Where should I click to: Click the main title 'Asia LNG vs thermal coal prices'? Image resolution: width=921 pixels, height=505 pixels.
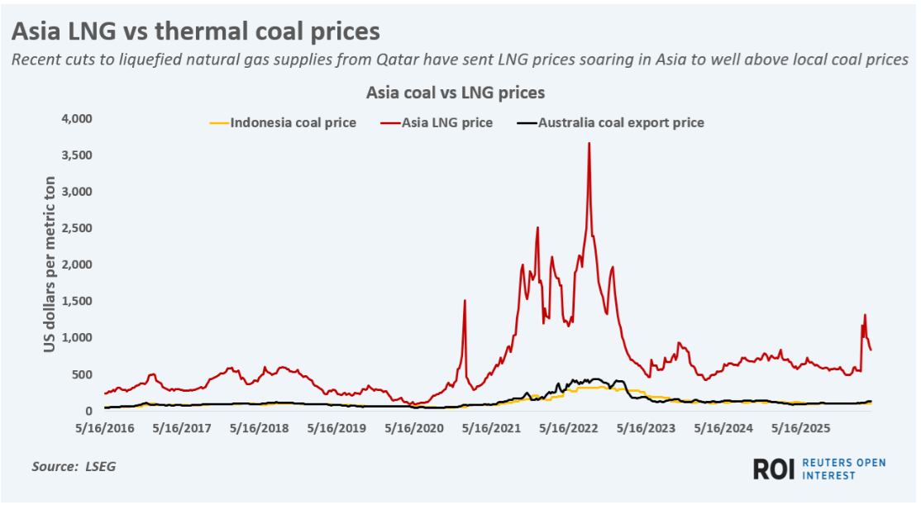[195, 31]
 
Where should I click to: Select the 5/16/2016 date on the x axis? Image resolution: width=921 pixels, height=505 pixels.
[105, 429]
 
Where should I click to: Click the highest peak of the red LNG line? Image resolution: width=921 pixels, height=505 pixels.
[589, 144]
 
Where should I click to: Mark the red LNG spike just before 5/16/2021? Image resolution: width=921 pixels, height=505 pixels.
[465, 301]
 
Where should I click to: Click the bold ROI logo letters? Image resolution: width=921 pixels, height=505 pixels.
[773, 469]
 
